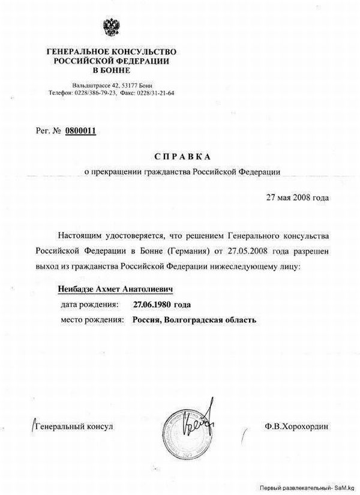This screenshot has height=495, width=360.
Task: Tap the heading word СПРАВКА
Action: click(182, 156)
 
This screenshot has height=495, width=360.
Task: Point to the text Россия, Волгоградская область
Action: click(195, 320)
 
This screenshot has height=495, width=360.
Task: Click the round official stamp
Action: click(195, 425)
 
